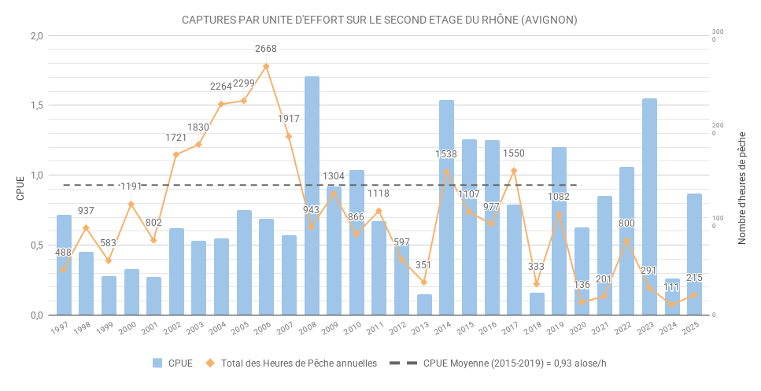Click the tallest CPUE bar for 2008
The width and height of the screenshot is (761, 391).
(x=312, y=197)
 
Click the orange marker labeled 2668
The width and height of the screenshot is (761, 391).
(x=266, y=67)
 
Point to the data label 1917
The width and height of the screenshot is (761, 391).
(x=289, y=119)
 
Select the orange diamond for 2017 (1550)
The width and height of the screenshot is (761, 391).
(x=514, y=171)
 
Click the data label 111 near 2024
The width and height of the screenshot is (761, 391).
(x=671, y=288)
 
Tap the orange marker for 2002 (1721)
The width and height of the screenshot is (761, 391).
(x=176, y=154)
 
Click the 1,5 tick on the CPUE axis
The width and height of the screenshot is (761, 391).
(x=35, y=105)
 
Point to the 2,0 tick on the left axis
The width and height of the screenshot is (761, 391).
(x=35, y=36)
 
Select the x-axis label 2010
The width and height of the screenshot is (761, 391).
(x=353, y=327)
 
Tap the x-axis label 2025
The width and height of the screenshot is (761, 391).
(x=691, y=327)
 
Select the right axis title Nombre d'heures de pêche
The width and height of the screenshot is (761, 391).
(x=742, y=186)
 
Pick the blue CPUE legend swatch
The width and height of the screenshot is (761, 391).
(x=157, y=363)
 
